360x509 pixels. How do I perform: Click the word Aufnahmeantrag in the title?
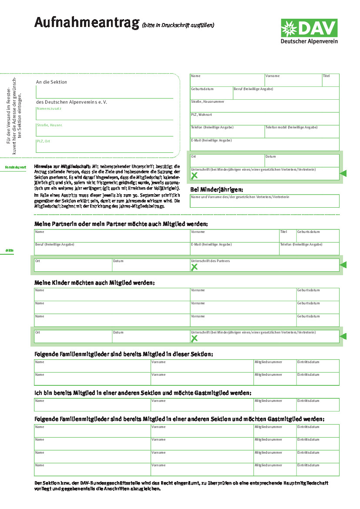click(x=87, y=23)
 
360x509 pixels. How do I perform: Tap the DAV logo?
click(x=309, y=31)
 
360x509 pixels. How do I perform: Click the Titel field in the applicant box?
click(x=330, y=80)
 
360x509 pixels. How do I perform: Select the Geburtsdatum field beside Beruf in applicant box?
click(x=212, y=93)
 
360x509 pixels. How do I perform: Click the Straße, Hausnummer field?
click(x=264, y=106)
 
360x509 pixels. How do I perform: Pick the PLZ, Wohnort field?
click(x=264, y=119)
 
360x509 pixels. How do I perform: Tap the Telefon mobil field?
click(x=302, y=131)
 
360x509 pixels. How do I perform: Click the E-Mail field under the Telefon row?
click(x=264, y=145)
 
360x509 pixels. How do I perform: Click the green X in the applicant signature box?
click(x=194, y=175)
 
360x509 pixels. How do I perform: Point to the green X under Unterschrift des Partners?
click(x=194, y=267)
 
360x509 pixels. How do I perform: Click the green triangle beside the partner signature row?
click(x=343, y=265)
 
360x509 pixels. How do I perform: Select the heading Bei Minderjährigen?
click(x=217, y=189)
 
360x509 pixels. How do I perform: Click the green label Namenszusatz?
click(x=49, y=108)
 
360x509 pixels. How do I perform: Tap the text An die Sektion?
click(x=51, y=82)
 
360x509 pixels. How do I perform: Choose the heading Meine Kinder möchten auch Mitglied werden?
click(x=94, y=283)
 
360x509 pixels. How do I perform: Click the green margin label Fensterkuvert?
click(x=16, y=167)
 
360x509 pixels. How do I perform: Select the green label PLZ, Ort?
click(x=44, y=141)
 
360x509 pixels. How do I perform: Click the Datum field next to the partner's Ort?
click(x=151, y=265)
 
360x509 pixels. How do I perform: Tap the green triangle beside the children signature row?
click(x=343, y=336)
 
